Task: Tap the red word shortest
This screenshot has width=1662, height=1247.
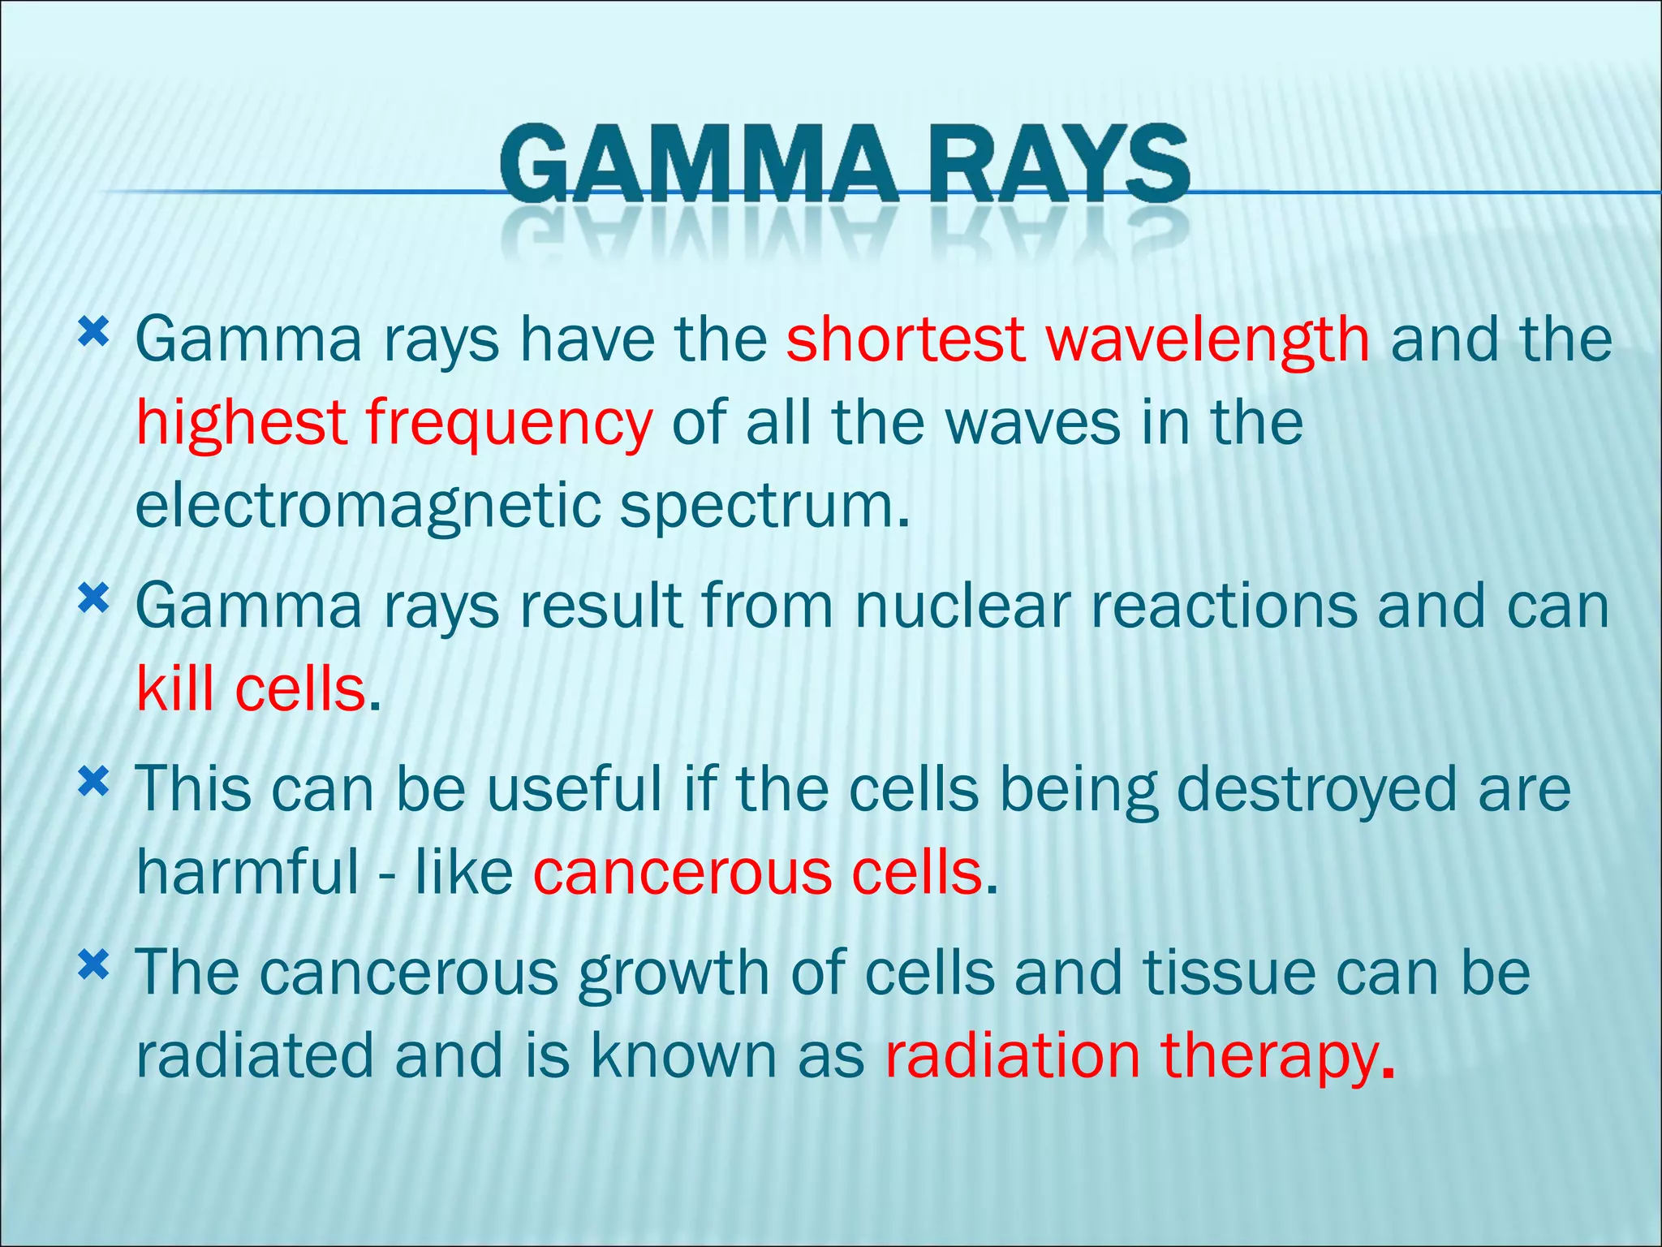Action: [x=905, y=339]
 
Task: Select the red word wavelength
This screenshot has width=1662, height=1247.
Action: [x=1208, y=339]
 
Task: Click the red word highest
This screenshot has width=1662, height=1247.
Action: [x=241, y=424]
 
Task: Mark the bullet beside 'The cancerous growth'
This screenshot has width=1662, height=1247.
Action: [x=93, y=965]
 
